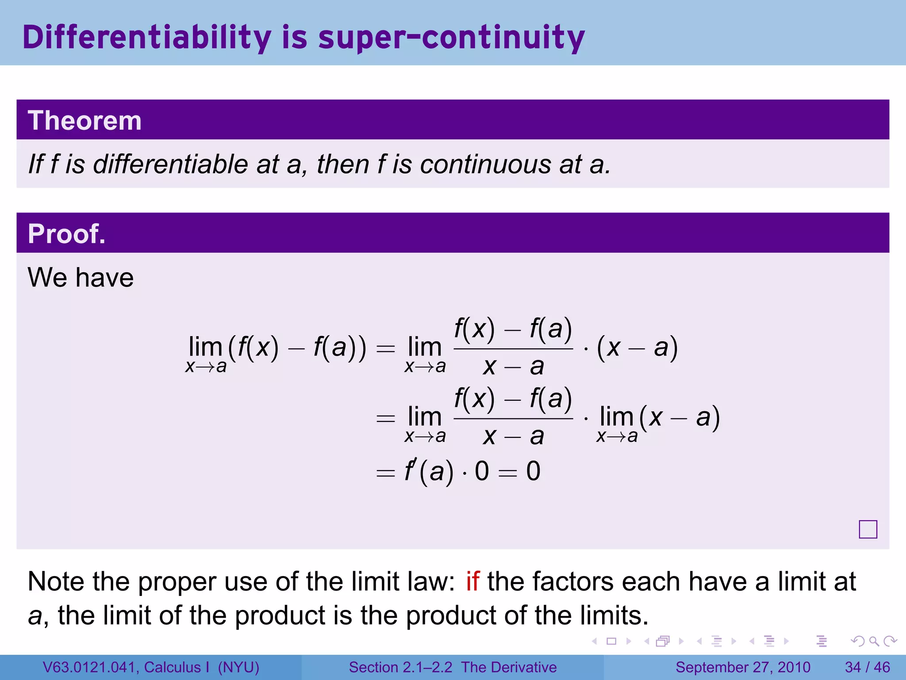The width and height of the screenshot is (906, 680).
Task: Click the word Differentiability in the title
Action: [x=146, y=37]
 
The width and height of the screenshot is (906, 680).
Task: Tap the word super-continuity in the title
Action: [x=451, y=37]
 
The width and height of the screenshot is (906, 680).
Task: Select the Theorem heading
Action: [x=84, y=120]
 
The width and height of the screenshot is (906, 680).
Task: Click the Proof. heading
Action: [x=66, y=234]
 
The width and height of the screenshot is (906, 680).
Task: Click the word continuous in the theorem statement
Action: [x=485, y=164]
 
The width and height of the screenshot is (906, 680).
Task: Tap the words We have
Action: [x=81, y=278]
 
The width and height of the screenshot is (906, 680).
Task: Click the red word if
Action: [x=472, y=581]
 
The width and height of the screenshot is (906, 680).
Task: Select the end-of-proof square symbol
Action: [x=868, y=529]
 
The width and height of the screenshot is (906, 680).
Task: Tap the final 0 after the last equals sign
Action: [x=533, y=471]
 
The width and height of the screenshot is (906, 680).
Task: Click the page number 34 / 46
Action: [x=867, y=667]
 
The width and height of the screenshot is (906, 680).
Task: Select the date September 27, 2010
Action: [x=743, y=667]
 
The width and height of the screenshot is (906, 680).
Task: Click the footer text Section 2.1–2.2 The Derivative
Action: [x=453, y=667]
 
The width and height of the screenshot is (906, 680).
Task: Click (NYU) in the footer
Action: [x=238, y=667]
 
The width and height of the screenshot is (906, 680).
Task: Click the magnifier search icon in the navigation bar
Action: [x=874, y=641]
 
